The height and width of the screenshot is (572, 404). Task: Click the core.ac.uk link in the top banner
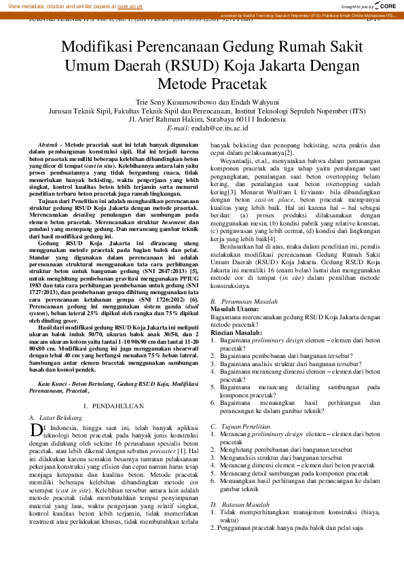pyautogui.click(x=131, y=5)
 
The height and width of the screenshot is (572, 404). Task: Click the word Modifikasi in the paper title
pyautogui.click(x=103, y=47)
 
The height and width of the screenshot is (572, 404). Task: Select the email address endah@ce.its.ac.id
pyautogui.click(x=221, y=127)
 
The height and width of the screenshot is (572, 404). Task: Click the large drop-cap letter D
pyautogui.click(x=37, y=429)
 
